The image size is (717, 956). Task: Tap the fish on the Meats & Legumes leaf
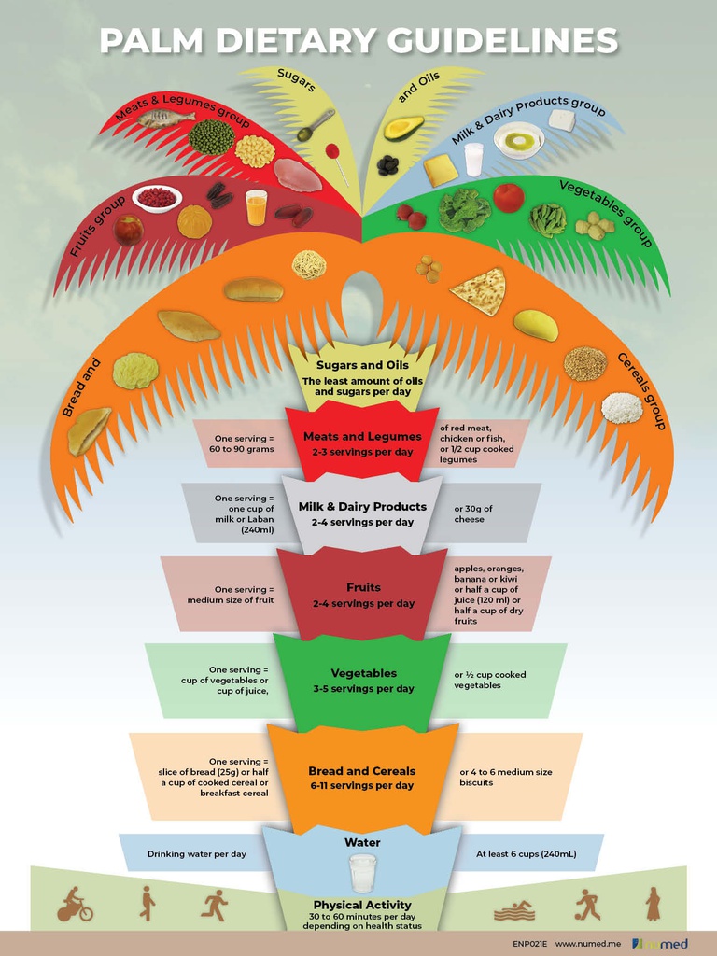pyautogui.click(x=165, y=118)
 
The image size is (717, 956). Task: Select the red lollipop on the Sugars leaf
pyautogui.click(x=331, y=150)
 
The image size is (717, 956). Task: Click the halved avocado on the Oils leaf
pyautogui.click(x=403, y=128)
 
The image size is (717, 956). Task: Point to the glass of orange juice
pyautogui.click(x=256, y=207)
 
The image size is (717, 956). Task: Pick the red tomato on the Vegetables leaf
pyautogui.click(x=508, y=197)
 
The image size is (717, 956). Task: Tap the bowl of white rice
pyautogui.click(x=622, y=407)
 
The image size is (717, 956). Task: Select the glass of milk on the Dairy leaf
pyautogui.click(x=473, y=159)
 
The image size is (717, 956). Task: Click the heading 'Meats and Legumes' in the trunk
pyautogui.click(x=362, y=436)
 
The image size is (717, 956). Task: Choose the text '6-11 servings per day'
pyautogui.click(x=362, y=786)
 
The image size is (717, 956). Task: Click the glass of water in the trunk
pyautogui.click(x=362, y=873)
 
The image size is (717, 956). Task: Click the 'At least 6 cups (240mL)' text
pyautogui.click(x=526, y=853)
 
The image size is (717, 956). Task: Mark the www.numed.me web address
pyautogui.click(x=588, y=944)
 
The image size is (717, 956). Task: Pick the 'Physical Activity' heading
pyautogui.click(x=362, y=905)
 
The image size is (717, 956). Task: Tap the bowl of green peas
pyautogui.click(x=211, y=137)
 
